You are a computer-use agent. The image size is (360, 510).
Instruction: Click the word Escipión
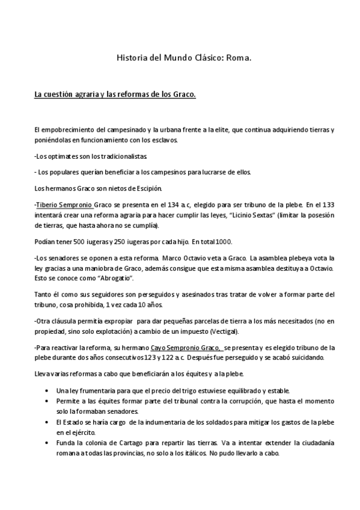(x=150, y=186)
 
